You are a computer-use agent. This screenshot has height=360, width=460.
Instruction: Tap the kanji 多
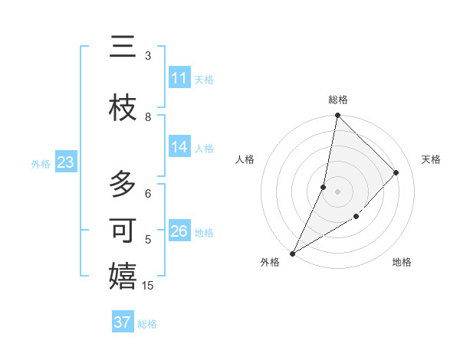(x=123, y=185)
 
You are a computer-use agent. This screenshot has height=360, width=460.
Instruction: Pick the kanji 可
(x=123, y=231)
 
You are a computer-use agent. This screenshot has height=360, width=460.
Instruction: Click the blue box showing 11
(x=179, y=77)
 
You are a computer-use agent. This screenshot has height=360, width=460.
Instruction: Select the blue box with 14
(x=179, y=148)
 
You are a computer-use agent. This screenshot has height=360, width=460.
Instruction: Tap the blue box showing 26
(x=179, y=231)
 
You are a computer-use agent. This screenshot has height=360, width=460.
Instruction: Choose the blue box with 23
(x=65, y=162)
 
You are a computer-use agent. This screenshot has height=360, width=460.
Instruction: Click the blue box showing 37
(x=123, y=322)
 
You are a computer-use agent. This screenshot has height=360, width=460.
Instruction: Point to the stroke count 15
(x=148, y=286)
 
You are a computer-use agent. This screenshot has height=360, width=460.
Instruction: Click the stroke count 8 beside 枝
(x=148, y=117)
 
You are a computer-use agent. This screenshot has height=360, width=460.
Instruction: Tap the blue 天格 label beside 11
(x=204, y=79)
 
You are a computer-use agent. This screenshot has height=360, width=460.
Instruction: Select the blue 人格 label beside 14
(x=204, y=149)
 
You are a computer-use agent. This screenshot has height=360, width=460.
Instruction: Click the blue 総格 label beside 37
(x=147, y=324)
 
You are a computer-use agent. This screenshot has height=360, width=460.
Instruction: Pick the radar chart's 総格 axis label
(x=338, y=100)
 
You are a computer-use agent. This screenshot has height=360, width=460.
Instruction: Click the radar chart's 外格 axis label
(x=270, y=262)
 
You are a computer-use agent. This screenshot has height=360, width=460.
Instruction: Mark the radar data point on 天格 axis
(x=396, y=172)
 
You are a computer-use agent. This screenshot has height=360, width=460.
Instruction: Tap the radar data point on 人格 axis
(x=324, y=187)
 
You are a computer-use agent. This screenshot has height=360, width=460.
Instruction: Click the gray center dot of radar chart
(x=337, y=191)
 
